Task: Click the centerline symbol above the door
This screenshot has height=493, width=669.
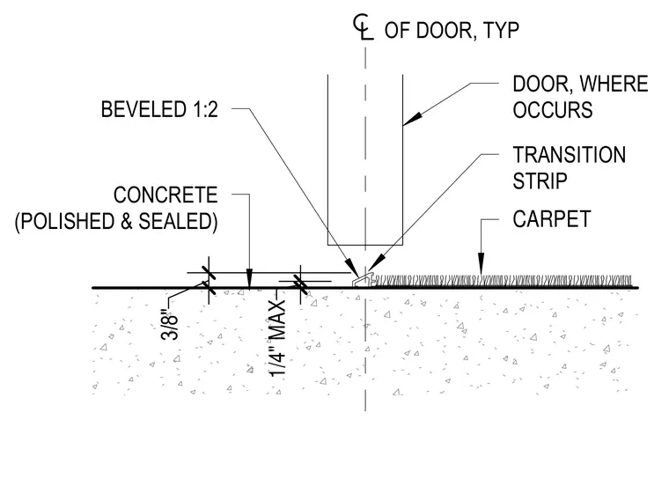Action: point(363,27)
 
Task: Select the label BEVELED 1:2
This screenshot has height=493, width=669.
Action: point(159,109)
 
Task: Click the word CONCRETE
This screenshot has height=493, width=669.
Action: point(165,195)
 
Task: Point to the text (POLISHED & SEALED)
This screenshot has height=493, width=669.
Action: point(116,222)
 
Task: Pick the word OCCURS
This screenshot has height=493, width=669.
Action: point(553,110)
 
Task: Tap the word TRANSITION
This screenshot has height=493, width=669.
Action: point(570,155)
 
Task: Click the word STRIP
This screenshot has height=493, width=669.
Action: point(540,181)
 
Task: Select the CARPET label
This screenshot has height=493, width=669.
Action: point(552,219)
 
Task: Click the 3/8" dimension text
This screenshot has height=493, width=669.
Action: point(169,327)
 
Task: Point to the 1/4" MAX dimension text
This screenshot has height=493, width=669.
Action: point(277,338)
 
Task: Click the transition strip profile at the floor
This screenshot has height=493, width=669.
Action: point(363,280)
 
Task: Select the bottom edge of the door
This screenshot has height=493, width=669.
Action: point(365,246)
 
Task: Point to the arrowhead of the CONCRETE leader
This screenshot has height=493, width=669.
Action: point(250,278)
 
